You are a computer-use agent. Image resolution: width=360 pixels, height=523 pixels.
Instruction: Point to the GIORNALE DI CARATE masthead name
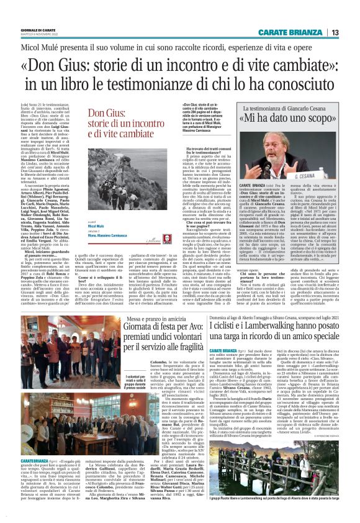click(x=38, y=30)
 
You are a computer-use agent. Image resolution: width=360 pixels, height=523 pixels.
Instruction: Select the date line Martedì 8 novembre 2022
click(x=38, y=35)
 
